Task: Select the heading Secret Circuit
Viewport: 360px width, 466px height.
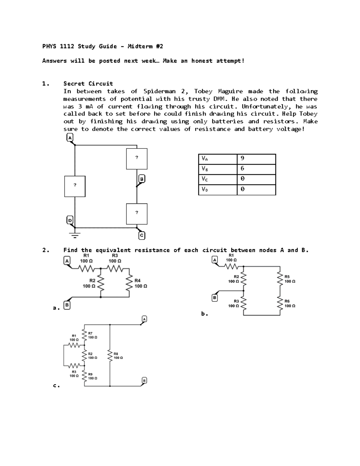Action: click(x=88, y=84)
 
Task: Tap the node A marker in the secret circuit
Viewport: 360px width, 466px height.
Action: click(x=70, y=138)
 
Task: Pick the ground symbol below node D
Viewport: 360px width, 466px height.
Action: click(x=75, y=235)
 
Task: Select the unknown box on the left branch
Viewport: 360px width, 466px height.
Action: click(x=75, y=186)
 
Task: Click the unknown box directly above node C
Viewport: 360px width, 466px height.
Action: click(x=136, y=214)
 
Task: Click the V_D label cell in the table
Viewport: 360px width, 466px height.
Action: click(x=217, y=190)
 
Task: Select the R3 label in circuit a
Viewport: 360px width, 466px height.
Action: click(x=115, y=256)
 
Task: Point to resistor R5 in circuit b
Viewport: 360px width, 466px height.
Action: click(x=280, y=279)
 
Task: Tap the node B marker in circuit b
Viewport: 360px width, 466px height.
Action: click(x=214, y=298)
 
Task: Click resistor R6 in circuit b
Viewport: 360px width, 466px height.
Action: click(x=280, y=303)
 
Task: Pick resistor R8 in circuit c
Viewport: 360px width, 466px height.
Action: click(x=110, y=356)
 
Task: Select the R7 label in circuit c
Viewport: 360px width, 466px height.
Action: click(x=90, y=333)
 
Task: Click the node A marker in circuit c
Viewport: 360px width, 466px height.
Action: click(x=144, y=319)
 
